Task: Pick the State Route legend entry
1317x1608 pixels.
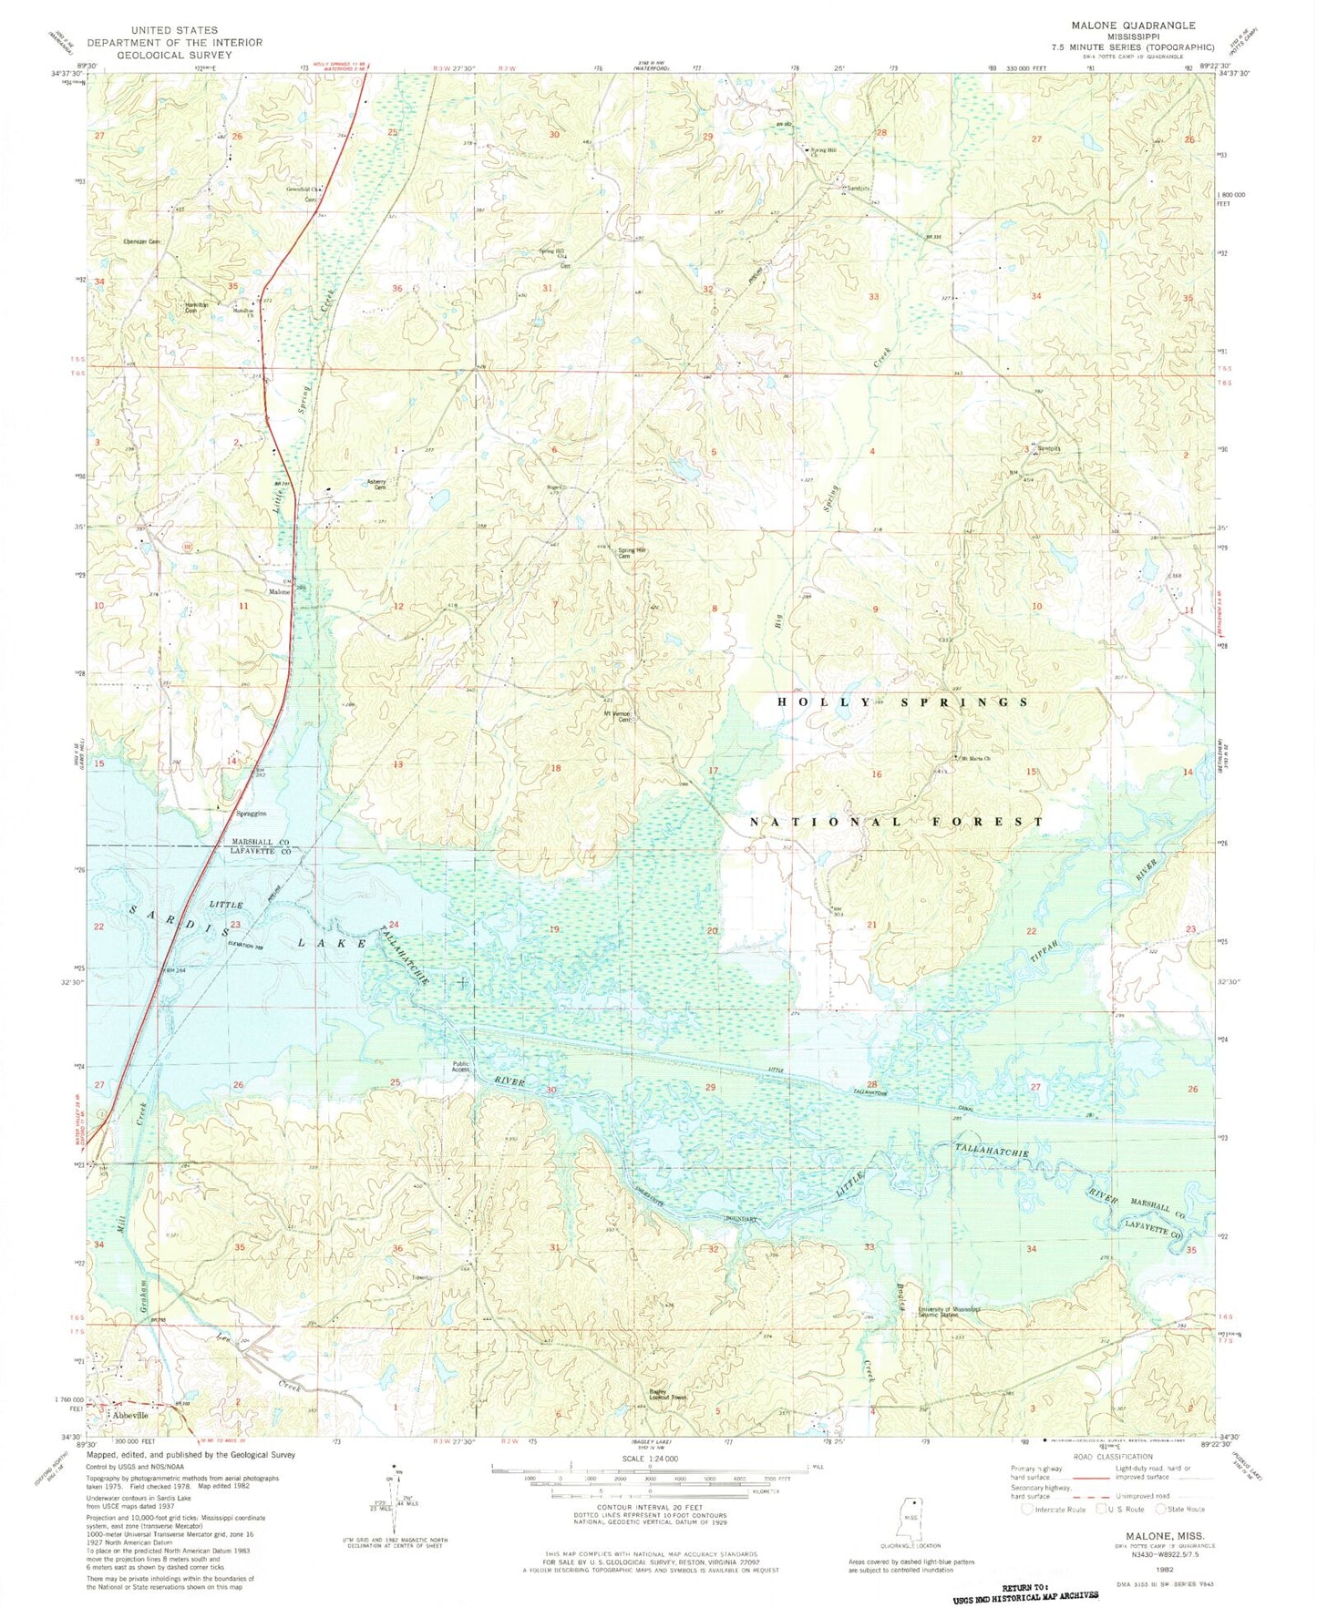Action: pyautogui.click(x=1187, y=1510)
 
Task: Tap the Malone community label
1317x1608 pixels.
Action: pyautogui.click(x=278, y=592)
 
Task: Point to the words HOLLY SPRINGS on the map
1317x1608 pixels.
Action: pyautogui.click(x=902, y=702)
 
